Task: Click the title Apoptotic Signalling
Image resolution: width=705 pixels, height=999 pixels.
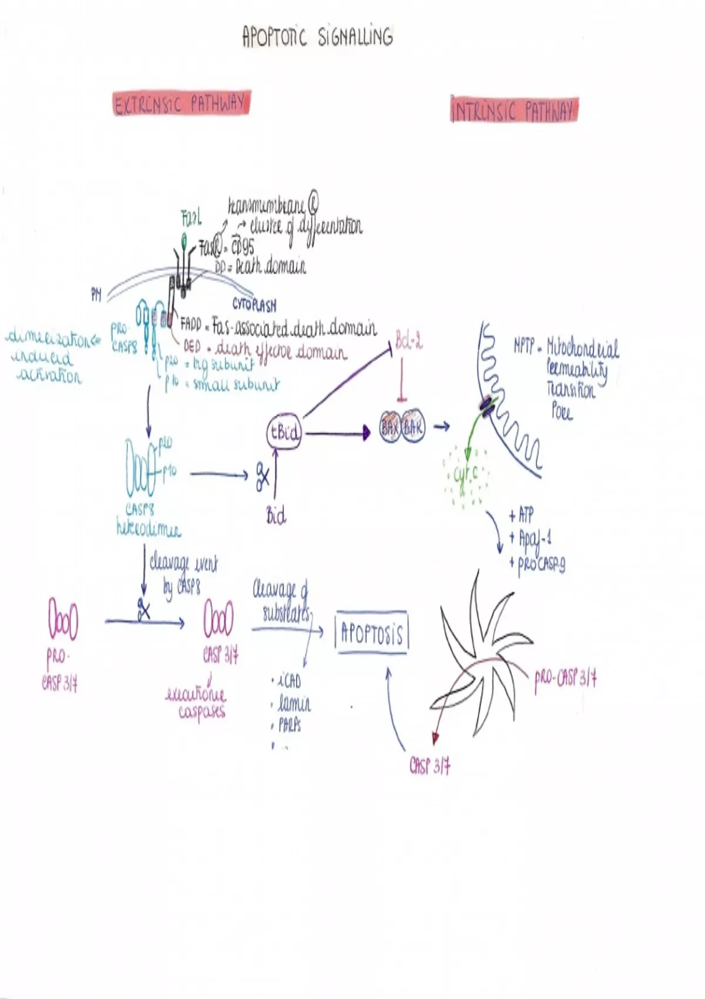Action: point(317,36)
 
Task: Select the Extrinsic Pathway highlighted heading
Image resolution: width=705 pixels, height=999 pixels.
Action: point(182,104)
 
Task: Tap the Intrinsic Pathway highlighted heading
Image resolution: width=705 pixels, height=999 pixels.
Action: point(514,110)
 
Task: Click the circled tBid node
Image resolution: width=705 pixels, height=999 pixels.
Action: point(284,433)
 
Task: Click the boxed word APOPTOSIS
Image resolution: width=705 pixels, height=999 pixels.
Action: point(371,634)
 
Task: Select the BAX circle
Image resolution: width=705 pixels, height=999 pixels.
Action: point(390,427)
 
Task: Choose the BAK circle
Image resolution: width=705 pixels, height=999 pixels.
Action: point(413,427)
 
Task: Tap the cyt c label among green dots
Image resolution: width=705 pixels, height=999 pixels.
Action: point(466,474)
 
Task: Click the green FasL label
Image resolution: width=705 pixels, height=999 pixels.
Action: point(192,219)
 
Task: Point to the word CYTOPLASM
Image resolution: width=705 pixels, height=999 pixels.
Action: point(254,304)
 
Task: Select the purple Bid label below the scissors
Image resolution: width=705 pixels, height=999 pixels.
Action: point(276,516)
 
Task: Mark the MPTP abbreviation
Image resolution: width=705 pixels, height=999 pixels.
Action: point(524,347)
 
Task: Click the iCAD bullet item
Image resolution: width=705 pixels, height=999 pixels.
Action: point(288,680)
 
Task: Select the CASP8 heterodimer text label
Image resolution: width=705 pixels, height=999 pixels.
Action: point(148,520)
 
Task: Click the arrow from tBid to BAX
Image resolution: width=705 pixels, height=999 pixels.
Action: point(337,434)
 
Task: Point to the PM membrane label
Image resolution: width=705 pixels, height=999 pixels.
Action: point(96,296)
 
